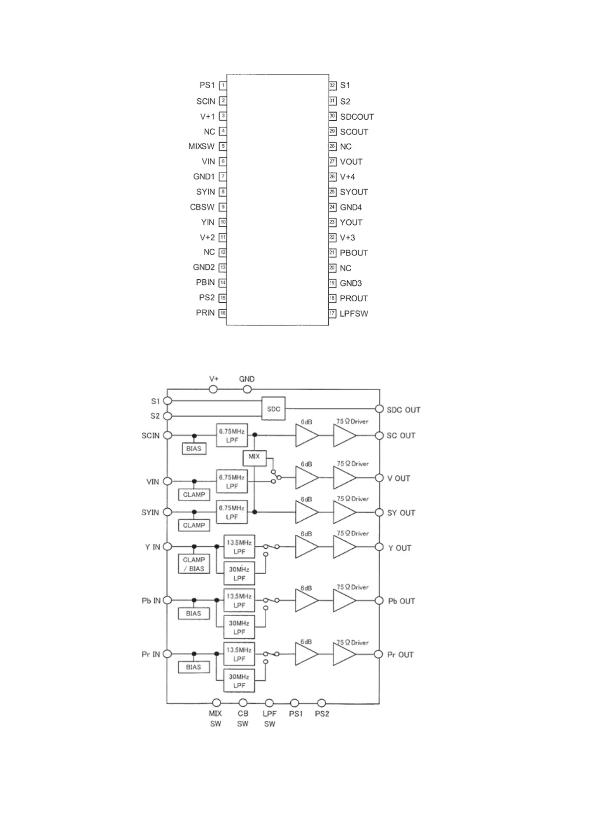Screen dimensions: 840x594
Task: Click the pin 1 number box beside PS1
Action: click(x=223, y=85)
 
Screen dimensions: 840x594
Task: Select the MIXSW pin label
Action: click(x=201, y=147)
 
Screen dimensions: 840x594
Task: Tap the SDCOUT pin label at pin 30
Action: click(x=357, y=117)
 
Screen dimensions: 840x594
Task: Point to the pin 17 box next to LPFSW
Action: click(x=332, y=314)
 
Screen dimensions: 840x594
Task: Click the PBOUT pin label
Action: click(x=354, y=253)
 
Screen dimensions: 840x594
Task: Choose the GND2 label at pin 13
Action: click(x=203, y=267)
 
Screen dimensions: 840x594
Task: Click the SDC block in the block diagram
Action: click(x=273, y=409)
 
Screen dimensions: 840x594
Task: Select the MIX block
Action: click(x=254, y=457)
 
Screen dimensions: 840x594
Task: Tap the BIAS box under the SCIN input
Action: click(x=194, y=449)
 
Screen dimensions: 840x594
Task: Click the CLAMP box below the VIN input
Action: click(x=194, y=495)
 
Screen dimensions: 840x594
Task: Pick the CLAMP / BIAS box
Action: click(x=194, y=564)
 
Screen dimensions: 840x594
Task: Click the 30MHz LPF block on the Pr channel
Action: click(x=239, y=681)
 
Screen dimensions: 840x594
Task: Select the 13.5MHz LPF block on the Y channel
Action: click(x=239, y=547)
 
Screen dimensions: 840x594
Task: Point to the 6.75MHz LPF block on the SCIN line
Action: click(x=232, y=435)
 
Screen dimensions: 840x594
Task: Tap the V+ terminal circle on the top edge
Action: click(x=213, y=390)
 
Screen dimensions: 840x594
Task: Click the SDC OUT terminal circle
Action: click(x=379, y=410)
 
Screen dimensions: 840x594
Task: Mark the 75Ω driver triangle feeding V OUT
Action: click(x=344, y=478)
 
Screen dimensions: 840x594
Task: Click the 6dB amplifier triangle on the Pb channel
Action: click(x=306, y=601)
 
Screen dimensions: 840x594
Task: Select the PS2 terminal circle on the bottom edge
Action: click(x=322, y=703)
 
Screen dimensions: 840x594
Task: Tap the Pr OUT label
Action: click(x=400, y=654)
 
